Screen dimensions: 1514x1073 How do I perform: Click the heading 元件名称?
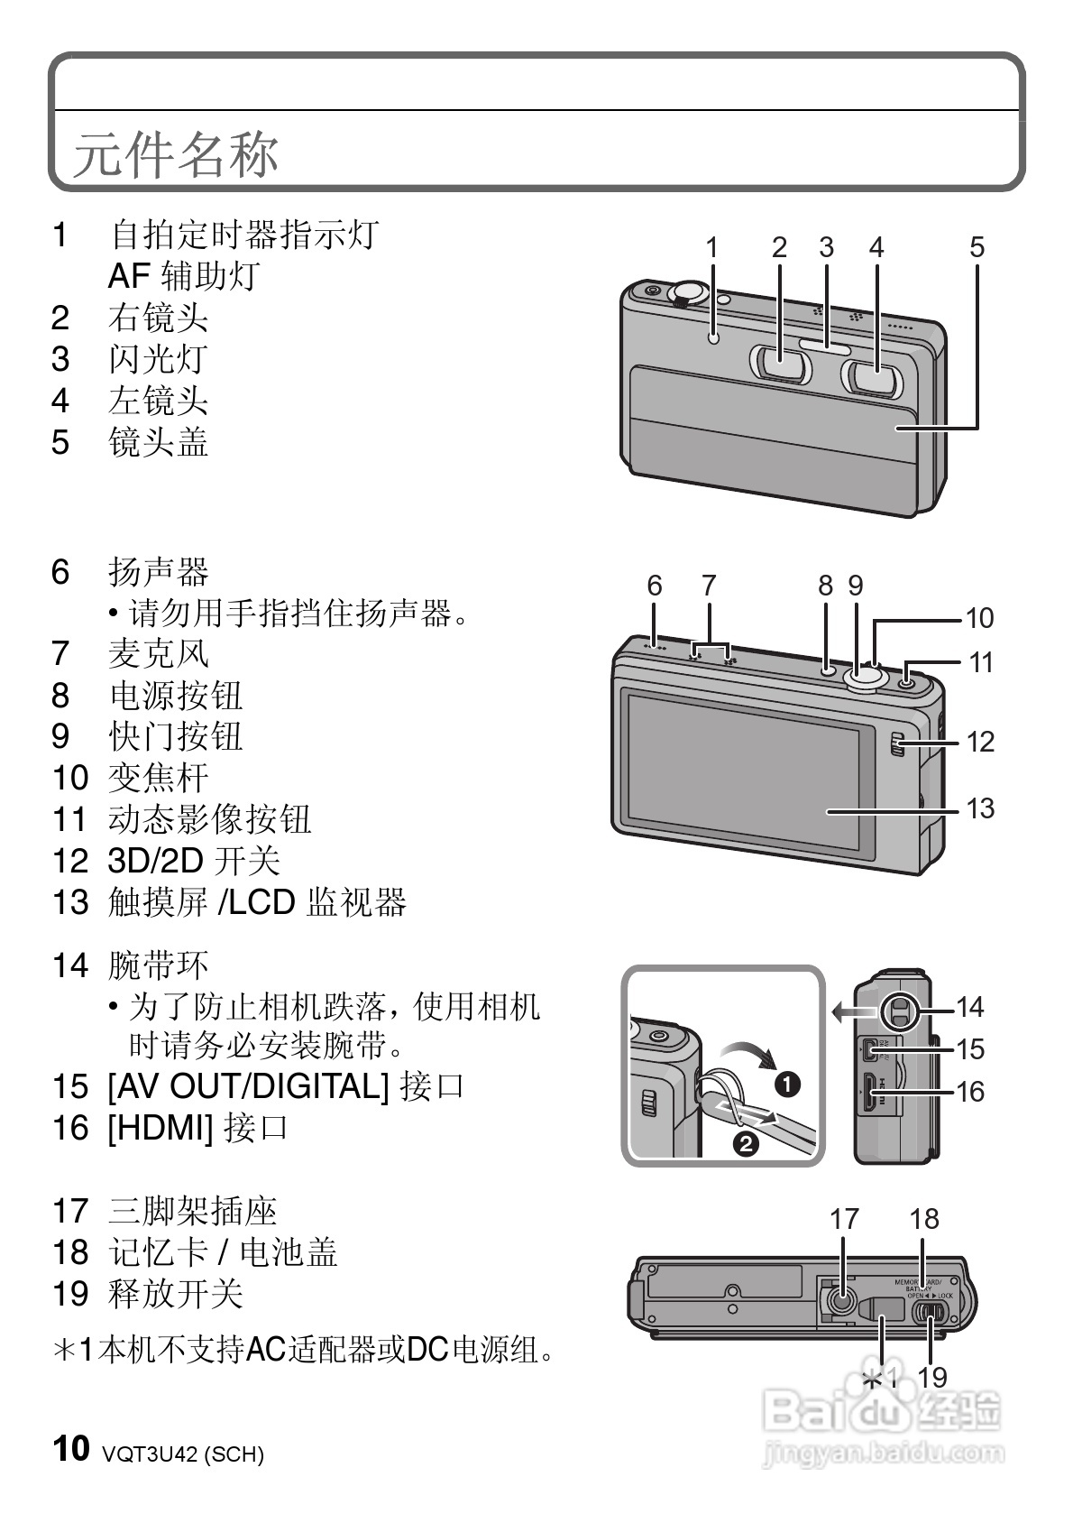tap(176, 154)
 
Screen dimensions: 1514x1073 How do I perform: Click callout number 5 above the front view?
tap(977, 247)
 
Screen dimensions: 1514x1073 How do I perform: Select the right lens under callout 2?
tap(781, 369)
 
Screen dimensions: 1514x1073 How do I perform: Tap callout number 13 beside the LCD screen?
tap(980, 808)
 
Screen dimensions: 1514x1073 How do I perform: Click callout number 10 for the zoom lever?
tap(979, 618)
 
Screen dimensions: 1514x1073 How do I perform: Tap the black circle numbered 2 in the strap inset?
tap(747, 1144)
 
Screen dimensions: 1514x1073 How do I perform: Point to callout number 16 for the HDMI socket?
tap(970, 1092)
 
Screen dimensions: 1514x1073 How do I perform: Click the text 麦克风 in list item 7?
tap(159, 654)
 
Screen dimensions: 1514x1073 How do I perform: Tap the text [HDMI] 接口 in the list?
tap(197, 1128)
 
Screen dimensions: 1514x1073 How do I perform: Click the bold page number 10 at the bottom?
tap(71, 1448)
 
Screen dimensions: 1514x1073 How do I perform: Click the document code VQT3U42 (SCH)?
tap(183, 1454)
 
